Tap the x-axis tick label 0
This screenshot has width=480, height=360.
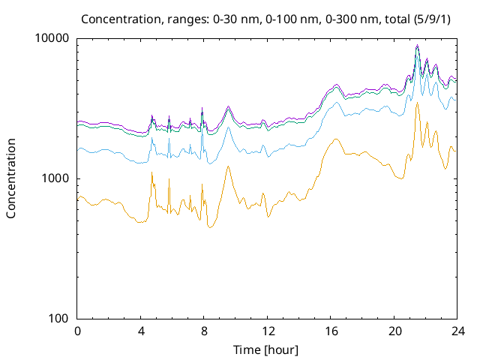77,331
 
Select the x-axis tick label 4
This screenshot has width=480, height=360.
141,331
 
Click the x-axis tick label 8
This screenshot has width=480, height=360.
204,331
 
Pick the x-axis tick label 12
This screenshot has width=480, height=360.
267,331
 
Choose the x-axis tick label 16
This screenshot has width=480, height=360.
331,331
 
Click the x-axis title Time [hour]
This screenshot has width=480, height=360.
267,349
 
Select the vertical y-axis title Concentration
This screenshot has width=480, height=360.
11,178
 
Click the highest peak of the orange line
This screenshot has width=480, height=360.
417,103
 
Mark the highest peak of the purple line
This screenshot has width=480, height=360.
417,45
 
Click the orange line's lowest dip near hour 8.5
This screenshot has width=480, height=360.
211,226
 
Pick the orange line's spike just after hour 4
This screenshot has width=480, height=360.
151,172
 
